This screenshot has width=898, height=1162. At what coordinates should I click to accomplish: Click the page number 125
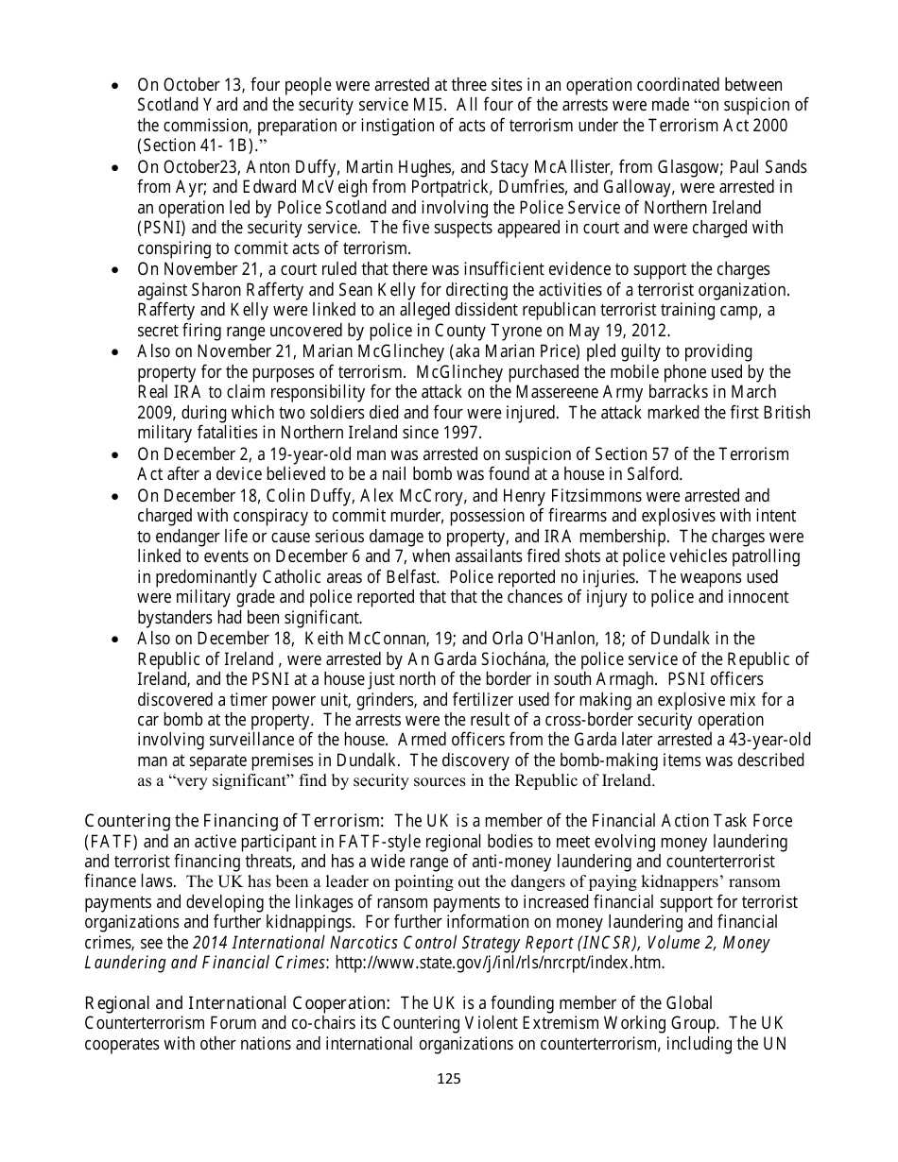[449, 1079]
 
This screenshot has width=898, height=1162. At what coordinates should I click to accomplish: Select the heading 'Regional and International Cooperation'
[240, 1002]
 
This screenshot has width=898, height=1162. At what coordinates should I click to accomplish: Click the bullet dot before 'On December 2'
[115, 454]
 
